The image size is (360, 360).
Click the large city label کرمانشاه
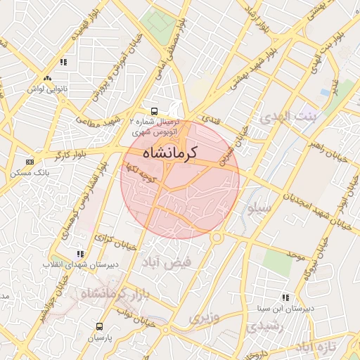(170, 152)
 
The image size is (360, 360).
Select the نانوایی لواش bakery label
(46, 89)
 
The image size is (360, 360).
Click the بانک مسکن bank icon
(29, 162)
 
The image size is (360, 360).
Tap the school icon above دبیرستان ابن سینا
(285, 297)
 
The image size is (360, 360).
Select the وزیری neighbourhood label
(204, 317)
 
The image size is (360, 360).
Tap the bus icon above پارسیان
(99, 326)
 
